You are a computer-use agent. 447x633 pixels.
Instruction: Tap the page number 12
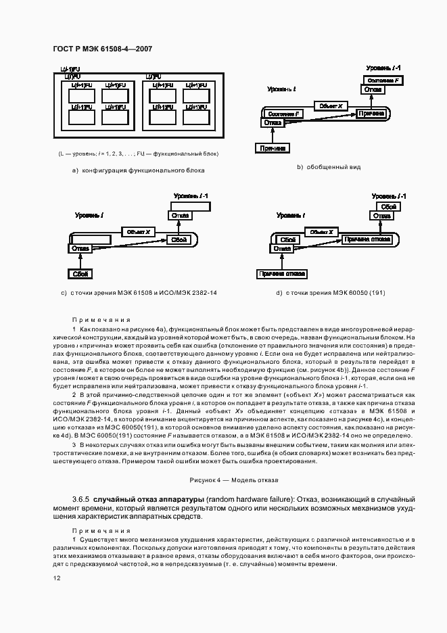(57, 577)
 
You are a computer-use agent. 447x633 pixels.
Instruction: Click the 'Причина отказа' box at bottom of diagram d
(281, 273)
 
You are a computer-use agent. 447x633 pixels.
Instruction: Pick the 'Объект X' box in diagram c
(138, 232)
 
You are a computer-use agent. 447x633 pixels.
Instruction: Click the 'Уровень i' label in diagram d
(290, 215)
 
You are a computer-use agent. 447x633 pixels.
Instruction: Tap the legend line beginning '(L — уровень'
(138, 153)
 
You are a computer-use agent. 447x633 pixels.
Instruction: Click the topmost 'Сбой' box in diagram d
(387, 206)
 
